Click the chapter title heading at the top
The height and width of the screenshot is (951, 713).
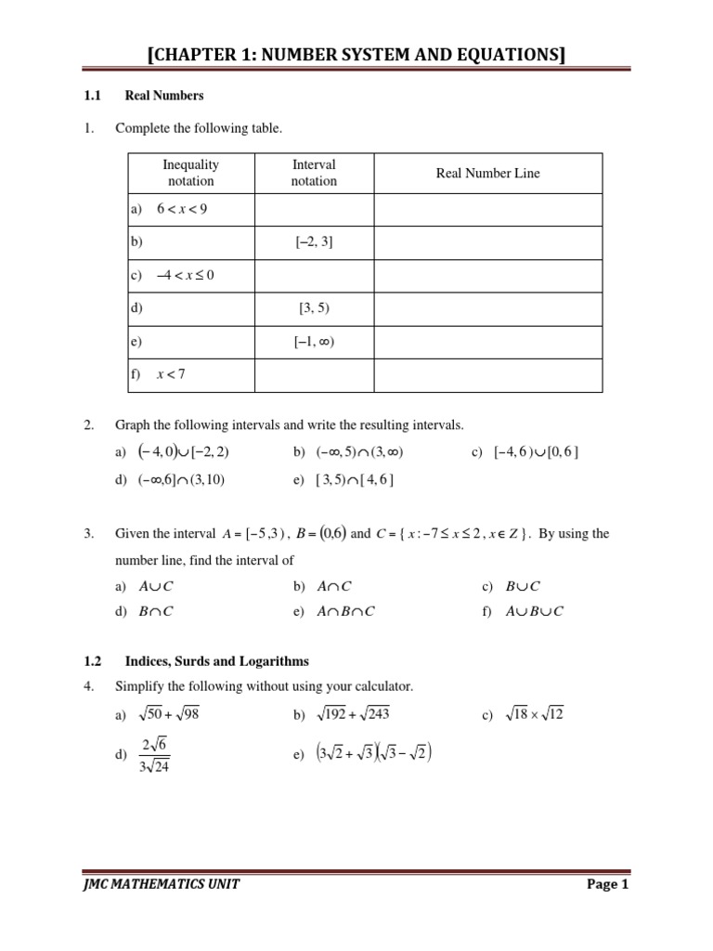pos(356,57)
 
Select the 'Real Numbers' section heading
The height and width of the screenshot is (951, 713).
pos(164,96)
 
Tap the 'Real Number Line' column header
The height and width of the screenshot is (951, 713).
pos(487,173)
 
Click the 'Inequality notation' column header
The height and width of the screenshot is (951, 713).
pos(190,173)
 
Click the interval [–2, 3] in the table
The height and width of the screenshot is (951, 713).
pos(314,242)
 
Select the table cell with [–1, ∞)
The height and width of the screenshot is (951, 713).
pos(314,342)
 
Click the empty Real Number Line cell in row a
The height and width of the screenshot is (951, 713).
pos(487,209)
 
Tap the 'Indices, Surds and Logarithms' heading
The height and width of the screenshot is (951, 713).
pos(216,661)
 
